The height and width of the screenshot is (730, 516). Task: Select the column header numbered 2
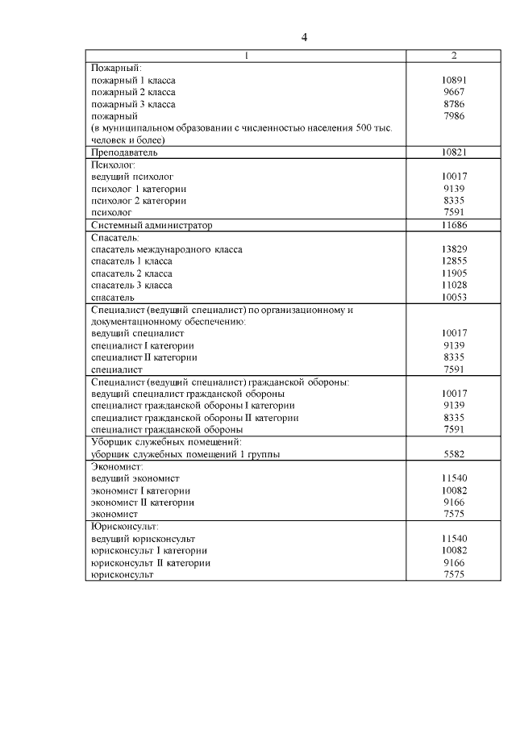tap(455, 56)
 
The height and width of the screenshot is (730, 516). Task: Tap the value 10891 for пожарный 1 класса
tap(455, 81)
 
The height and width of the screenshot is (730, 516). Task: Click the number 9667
tap(455, 92)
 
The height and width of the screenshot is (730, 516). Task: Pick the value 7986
tap(455, 116)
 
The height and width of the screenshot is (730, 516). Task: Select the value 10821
tap(455, 152)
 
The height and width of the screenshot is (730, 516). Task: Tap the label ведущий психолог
tap(132, 176)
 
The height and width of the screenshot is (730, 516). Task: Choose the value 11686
tap(455, 224)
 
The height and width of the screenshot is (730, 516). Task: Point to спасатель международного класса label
tap(167, 249)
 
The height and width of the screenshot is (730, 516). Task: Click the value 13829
tap(455, 249)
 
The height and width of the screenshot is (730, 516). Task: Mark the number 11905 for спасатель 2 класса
tap(455, 273)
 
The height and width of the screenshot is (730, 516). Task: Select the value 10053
tap(455, 297)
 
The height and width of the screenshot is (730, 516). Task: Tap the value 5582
tap(455, 454)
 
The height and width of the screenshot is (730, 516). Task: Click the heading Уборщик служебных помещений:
tap(167, 442)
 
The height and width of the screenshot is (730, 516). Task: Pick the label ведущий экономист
tap(135, 478)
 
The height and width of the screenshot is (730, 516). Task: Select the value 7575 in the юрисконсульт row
tap(455, 574)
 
